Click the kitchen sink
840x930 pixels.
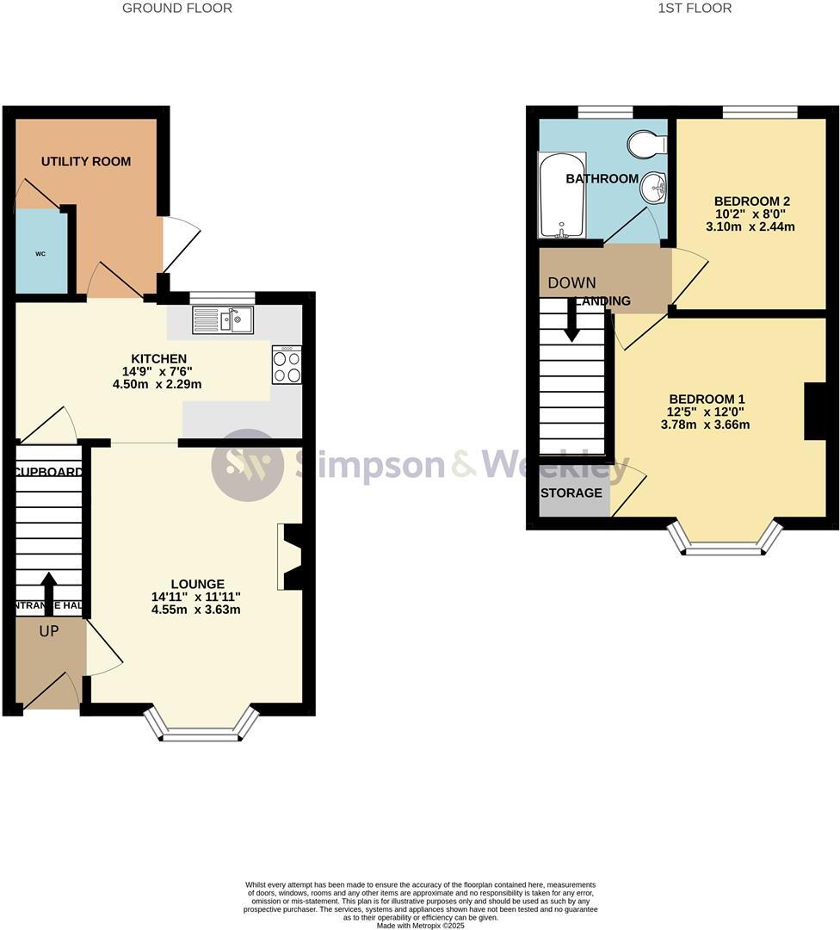223,320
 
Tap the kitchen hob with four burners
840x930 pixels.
287,364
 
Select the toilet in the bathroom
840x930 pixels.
646,144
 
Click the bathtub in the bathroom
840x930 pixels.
561,196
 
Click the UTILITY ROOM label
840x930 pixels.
86,162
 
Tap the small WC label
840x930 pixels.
40,254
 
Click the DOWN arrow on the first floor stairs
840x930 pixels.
571,323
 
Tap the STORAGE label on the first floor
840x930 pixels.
571,493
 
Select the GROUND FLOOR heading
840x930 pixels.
176,9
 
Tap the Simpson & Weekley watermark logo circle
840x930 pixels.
247,465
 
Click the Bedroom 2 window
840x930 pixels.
759,111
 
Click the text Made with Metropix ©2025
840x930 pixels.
420,925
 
